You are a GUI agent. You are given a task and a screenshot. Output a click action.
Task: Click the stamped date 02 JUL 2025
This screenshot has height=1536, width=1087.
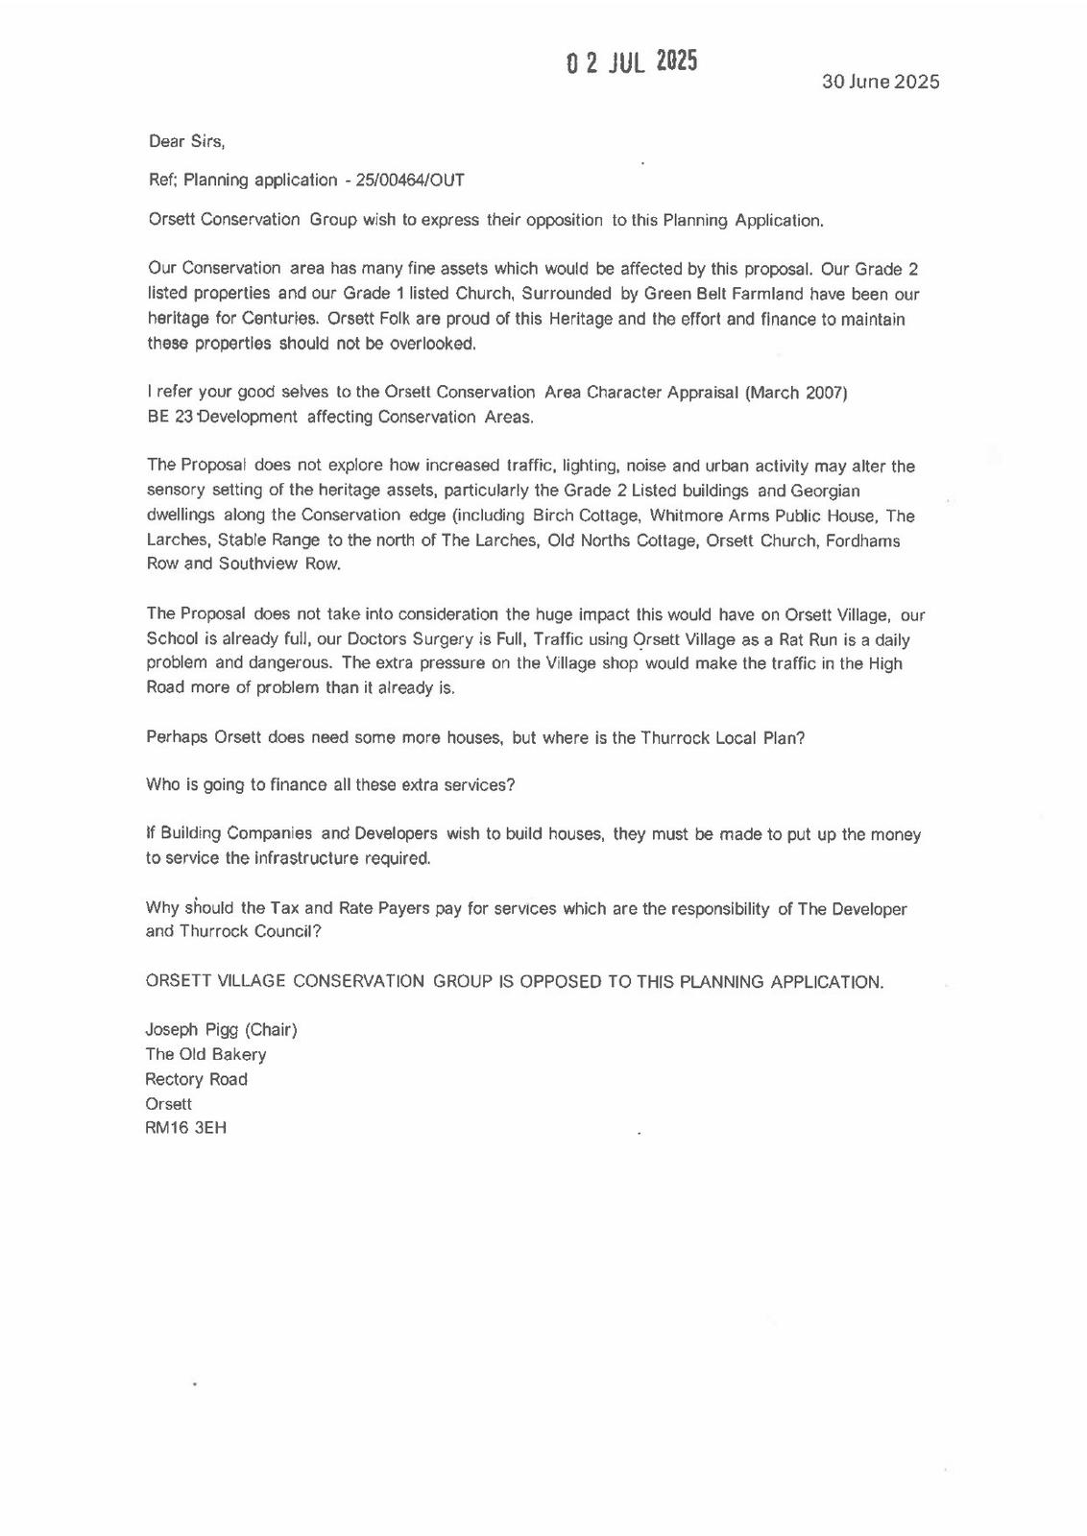(632, 62)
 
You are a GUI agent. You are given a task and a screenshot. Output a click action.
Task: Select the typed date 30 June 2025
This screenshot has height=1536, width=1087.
(880, 82)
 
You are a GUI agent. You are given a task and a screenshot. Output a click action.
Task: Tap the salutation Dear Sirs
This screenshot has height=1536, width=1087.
(186, 141)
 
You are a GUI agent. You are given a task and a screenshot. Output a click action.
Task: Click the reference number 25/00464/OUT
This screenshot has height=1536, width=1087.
(410, 180)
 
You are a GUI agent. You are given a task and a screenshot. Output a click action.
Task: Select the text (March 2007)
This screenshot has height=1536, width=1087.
(796, 392)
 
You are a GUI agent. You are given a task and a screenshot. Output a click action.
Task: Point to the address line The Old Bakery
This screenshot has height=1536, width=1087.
(205, 1054)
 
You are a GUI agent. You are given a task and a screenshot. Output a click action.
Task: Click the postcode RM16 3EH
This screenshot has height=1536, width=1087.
(185, 1128)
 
